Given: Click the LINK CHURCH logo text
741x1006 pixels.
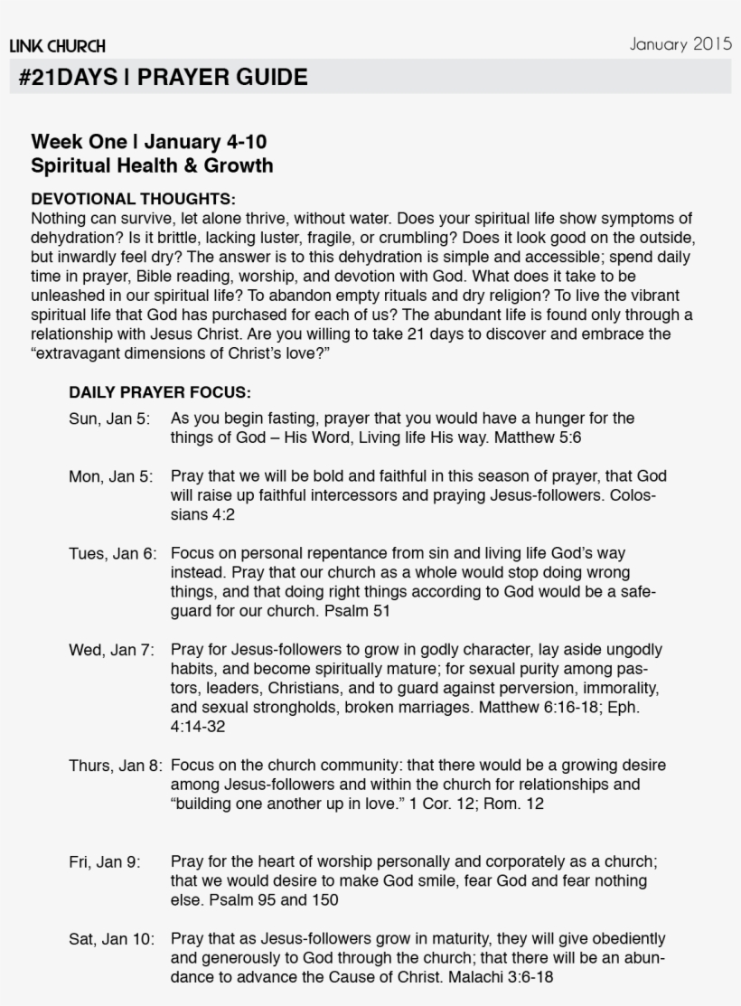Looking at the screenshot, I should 57,46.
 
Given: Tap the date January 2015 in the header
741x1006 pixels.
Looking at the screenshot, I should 680,44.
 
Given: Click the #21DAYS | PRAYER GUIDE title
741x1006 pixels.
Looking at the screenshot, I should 163,78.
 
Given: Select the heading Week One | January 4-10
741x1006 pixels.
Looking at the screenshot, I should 148,142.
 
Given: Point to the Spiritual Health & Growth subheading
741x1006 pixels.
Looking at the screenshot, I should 152,166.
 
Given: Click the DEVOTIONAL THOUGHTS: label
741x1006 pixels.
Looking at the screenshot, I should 133,199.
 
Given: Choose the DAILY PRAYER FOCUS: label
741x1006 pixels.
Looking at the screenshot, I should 159,393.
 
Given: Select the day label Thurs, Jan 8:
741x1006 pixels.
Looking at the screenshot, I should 116,766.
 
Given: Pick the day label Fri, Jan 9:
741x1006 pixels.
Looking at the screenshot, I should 105,862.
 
